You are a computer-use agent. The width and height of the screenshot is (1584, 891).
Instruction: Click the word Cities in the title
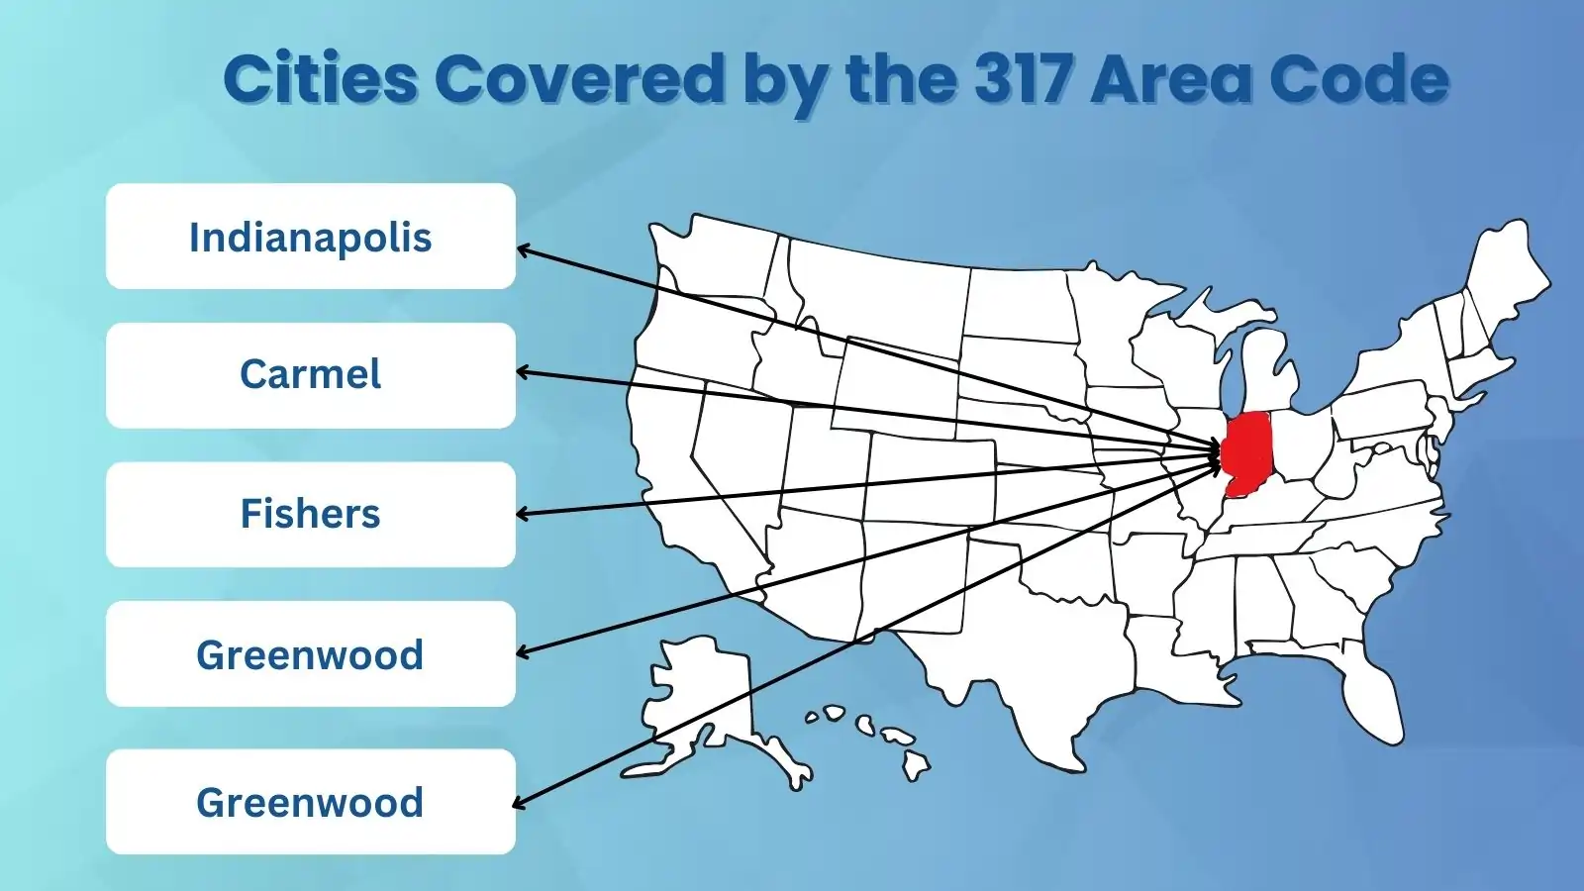(x=320, y=78)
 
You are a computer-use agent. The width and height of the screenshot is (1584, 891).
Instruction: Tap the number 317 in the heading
(x=1024, y=78)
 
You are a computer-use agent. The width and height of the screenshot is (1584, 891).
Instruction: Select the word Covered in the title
(x=580, y=78)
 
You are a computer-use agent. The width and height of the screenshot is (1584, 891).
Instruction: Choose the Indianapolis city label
(x=310, y=238)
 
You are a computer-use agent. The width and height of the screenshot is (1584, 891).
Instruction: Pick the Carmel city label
(x=310, y=374)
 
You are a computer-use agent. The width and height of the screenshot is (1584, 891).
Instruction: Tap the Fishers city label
(x=310, y=514)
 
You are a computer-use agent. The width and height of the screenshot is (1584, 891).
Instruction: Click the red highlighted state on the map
(x=1248, y=450)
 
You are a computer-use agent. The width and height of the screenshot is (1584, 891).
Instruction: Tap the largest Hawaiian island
(x=915, y=763)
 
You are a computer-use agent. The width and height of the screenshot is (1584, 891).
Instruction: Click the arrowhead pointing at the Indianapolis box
(x=522, y=249)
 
